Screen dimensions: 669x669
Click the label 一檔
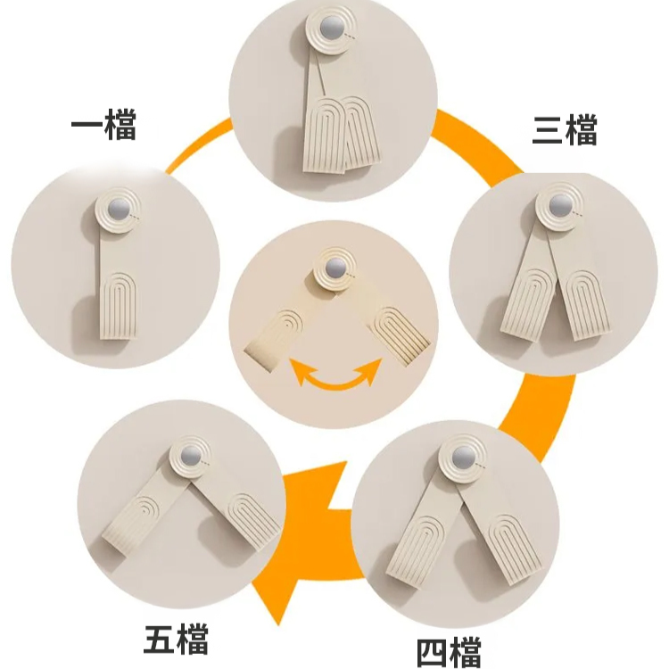[x=103, y=127]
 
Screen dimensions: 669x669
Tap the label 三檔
[x=565, y=130]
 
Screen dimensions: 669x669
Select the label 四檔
[x=449, y=650]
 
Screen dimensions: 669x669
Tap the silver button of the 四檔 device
[x=461, y=455]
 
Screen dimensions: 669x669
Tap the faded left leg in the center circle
[x=278, y=334]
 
